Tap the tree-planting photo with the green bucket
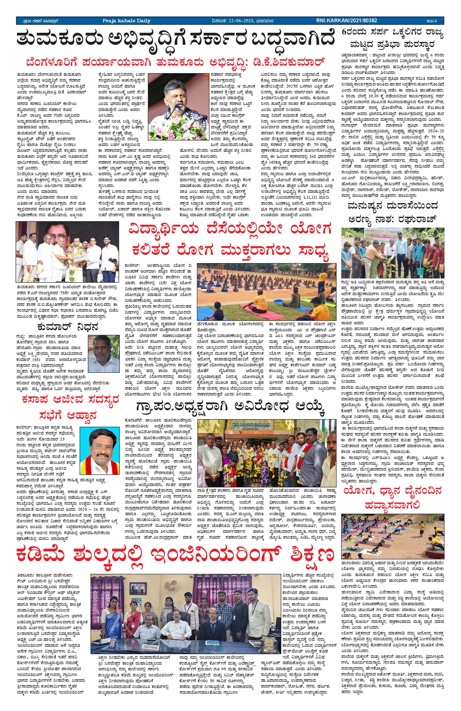(x=392, y=253)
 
